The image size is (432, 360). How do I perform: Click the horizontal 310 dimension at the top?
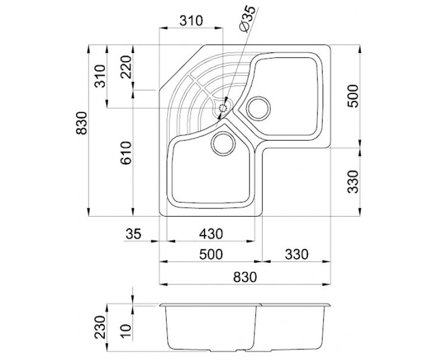[191, 21]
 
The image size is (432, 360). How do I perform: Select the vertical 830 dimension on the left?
[81, 123]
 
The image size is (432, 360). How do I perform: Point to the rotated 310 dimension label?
[100, 76]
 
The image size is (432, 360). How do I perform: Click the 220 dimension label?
[126, 67]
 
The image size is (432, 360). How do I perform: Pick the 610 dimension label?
[126, 153]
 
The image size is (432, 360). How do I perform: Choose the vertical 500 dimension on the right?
[352, 96]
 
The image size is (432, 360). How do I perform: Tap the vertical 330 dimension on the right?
[352, 182]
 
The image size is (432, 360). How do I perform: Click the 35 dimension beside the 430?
[133, 234]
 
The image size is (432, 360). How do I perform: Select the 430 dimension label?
[211, 234]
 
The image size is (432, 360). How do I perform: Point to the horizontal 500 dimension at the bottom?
[211, 255]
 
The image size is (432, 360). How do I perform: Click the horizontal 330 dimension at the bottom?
[297, 255]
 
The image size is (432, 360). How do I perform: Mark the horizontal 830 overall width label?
[245, 277]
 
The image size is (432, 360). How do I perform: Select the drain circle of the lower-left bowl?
[223, 144]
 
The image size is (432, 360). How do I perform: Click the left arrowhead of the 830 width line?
[163, 284]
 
